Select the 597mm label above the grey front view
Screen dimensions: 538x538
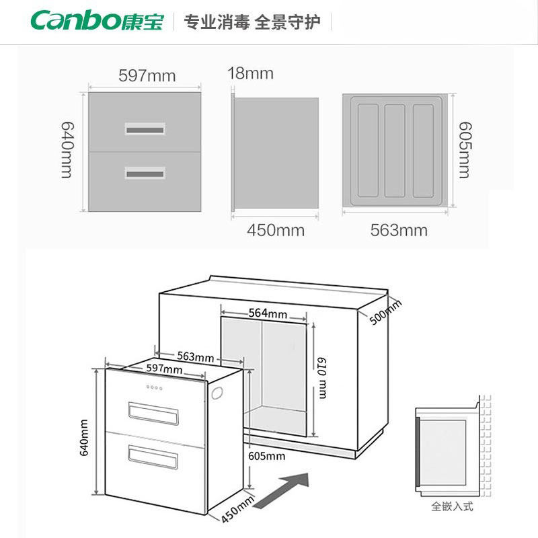click(x=147, y=76)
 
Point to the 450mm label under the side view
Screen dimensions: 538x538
click(x=276, y=231)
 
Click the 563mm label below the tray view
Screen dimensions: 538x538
click(x=399, y=231)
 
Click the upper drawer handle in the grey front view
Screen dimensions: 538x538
click(x=145, y=128)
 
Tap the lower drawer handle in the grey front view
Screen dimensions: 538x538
click(x=145, y=173)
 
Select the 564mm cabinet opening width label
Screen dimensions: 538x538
click(x=264, y=313)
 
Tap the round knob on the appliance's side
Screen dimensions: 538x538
click(x=219, y=395)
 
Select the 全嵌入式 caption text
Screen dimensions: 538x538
click(x=452, y=506)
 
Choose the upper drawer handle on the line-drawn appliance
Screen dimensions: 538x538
click(x=154, y=412)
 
